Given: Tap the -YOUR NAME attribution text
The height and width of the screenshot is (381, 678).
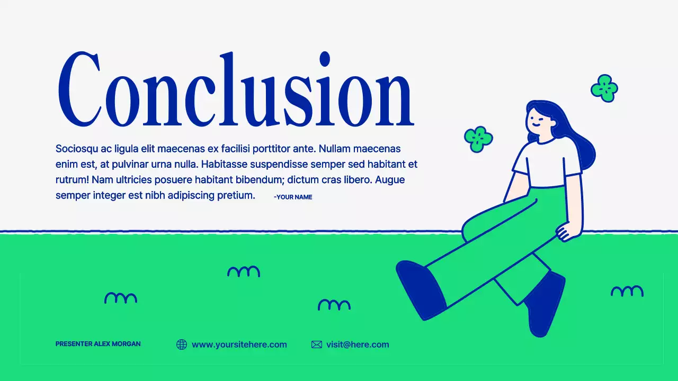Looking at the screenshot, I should (x=293, y=197).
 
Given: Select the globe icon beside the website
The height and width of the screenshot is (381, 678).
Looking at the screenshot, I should (x=182, y=344).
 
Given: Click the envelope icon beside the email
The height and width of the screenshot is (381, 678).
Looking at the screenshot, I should (x=317, y=344).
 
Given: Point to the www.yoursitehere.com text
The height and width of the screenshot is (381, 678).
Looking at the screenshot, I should (x=239, y=344).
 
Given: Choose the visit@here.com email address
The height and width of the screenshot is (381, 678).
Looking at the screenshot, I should (x=358, y=344).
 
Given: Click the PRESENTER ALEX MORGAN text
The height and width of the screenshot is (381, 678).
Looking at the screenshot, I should (x=98, y=344).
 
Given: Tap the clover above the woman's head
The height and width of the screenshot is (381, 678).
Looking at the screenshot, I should (x=604, y=88).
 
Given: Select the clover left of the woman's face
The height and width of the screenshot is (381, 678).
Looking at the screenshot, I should (x=478, y=139).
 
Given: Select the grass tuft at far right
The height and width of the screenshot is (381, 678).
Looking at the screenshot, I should (x=627, y=291).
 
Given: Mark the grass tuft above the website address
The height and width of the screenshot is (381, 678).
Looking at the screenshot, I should (x=244, y=271).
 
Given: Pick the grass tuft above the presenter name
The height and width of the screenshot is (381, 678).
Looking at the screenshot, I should (x=121, y=298).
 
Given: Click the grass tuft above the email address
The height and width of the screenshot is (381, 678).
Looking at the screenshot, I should (x=334, y=305).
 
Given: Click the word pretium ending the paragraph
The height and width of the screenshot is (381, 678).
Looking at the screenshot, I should (x=236, y=195).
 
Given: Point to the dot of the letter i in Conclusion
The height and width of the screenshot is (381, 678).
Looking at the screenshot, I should (x=325, y=59).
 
